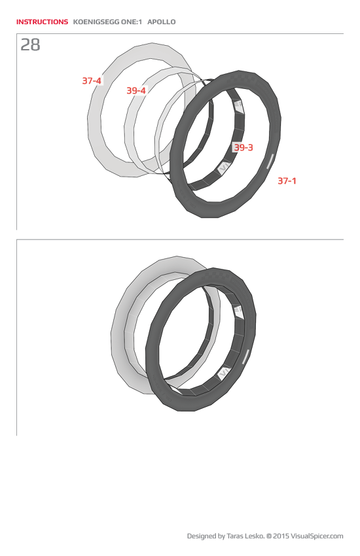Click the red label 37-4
point(92,81)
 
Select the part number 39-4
point(136,90)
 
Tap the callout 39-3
point(243,148)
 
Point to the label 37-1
point(287,181)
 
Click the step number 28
point(30,45)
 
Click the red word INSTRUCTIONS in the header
point(42,22)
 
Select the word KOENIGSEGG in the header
point(94,22)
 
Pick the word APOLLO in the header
point(162,22)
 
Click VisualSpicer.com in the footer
point(317,536)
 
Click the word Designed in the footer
point(202,536)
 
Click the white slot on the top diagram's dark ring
point(269,161)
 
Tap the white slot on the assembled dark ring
point(246,356)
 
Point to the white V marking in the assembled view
point(223,372)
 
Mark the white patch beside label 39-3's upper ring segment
point(238,105)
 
